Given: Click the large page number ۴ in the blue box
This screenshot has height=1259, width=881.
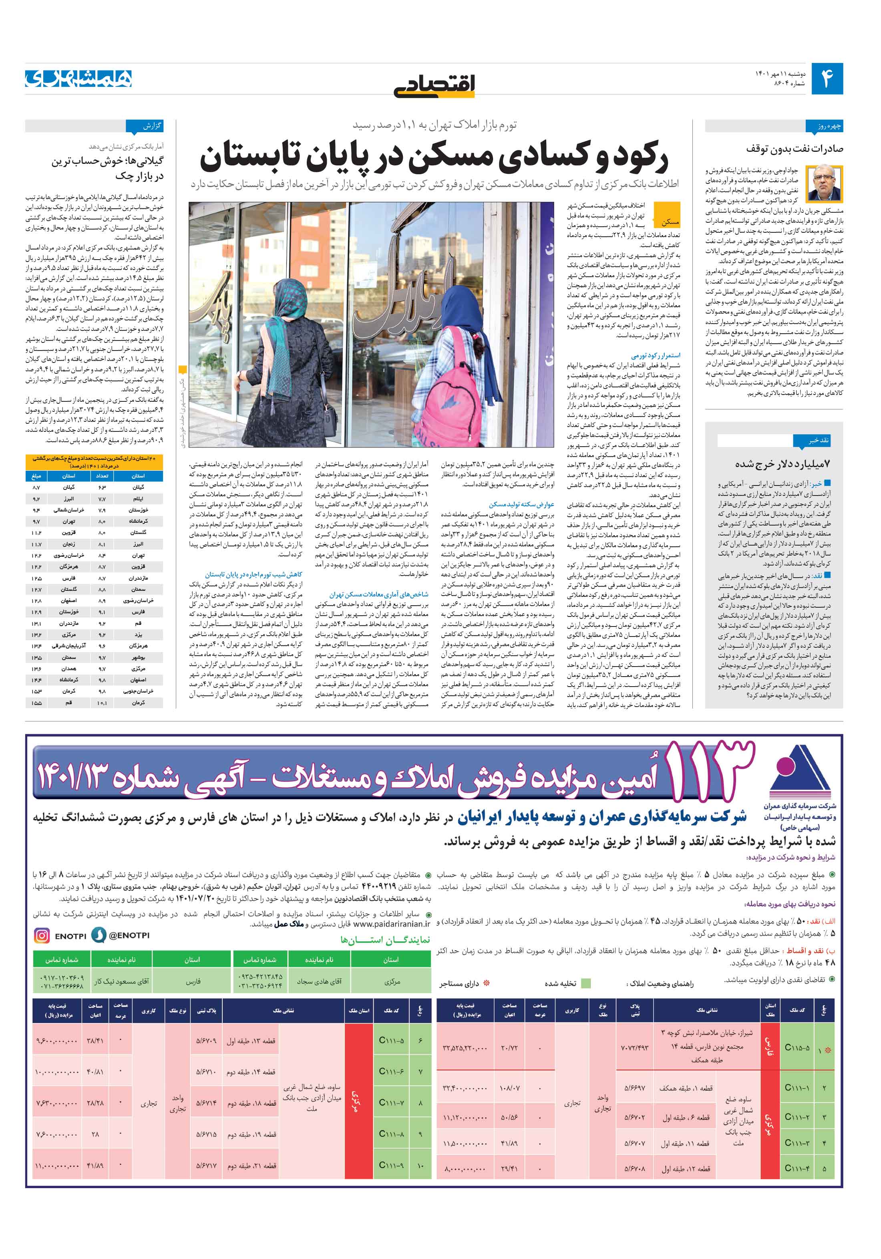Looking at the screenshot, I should coord(826,79).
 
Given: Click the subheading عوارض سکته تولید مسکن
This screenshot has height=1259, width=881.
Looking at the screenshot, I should coord(521,504).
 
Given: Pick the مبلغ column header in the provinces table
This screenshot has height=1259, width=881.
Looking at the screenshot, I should coord(36,476).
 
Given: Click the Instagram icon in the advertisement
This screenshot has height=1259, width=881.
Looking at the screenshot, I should coord(42,935).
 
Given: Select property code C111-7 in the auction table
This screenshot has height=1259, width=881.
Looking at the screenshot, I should coord(391,1102).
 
